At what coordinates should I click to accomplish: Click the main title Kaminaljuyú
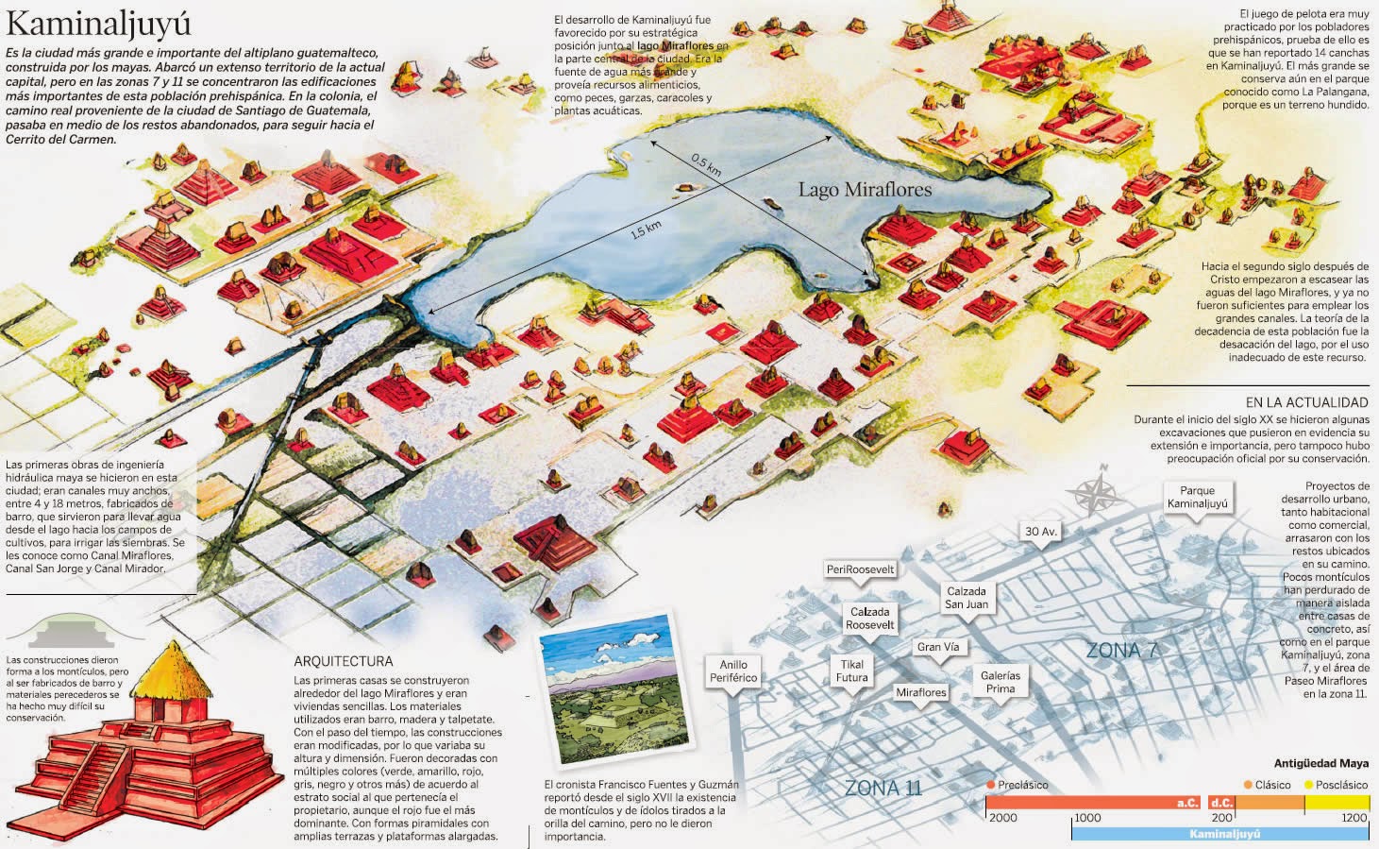99,24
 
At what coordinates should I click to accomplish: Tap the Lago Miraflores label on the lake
865,189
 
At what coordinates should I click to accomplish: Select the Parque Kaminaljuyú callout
1197,497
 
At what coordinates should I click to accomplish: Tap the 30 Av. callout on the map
1040,532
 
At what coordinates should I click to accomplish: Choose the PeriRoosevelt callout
860,569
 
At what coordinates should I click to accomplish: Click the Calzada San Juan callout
967,598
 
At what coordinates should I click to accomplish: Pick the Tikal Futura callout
851,671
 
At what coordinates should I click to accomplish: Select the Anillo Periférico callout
732,671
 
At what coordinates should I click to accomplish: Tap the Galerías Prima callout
1001,682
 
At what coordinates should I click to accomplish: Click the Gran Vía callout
937,647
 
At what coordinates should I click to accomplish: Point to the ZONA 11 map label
883,788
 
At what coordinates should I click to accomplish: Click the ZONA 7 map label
1121,650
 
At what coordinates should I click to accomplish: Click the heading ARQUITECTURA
343,661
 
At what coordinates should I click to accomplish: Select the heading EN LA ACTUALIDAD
1306,402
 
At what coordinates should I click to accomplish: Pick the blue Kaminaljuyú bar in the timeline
1221,834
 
